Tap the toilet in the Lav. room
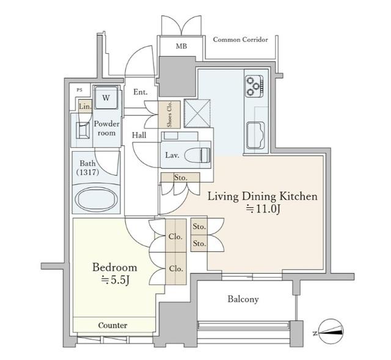(x=197, y=155)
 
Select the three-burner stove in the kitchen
(x=254, y=86)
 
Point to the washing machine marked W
(x=106, y=98)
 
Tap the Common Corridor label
(x=240, y=40)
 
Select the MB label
(x=181, y=46)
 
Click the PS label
(x=79, y=90)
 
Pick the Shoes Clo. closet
(x=169, y=114)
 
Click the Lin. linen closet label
(x=86, y=106)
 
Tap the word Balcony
(x=243, y=299)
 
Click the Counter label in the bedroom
(x=112, y=325)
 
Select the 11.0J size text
(x=263, y=209)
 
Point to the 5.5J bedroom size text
(x=115, y=280)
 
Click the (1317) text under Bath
(x=88, y=172)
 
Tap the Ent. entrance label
(x=141, y=92)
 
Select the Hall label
(x=139, y=136)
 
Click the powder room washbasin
(x=83, y=130)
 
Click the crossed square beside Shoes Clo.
(x=197, y=113)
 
